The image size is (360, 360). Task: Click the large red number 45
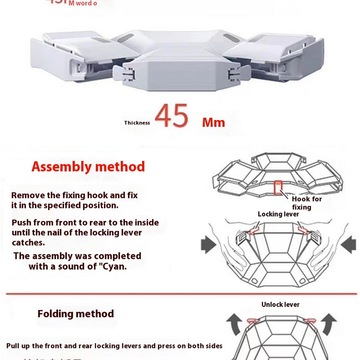click(171, 116)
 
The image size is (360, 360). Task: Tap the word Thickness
click(137, 123)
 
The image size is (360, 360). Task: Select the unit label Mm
click(213, 122)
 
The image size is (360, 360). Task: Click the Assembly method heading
click(88, 167)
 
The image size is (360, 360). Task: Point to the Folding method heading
click(76, 314)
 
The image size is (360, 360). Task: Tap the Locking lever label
click(278, 214)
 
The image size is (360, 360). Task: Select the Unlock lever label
click(280, 305)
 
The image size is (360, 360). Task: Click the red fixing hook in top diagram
click(278, 187)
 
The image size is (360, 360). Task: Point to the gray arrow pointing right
click(208, 245)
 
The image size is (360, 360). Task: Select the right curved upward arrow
click(329, 323)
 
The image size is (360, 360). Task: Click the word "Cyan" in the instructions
click(112, 266)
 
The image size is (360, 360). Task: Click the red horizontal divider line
click(180, 294)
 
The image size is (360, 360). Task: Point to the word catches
click(28, 243)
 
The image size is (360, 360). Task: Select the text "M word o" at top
click(82, 4)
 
